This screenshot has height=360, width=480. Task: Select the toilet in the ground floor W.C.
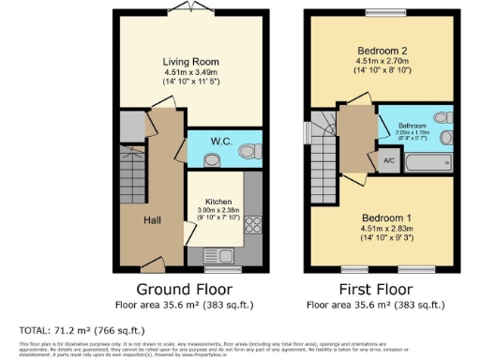248,149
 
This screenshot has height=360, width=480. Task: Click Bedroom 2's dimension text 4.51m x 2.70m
383,61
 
